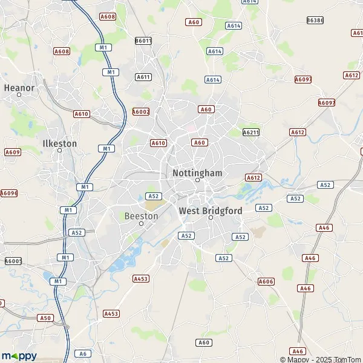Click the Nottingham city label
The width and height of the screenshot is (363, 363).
click(x=197, y=172)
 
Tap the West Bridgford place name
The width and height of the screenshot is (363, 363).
click(x=211, y=210)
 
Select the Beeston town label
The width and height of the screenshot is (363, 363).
click(x=141, y=215)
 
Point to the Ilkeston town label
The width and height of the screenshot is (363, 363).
click(x=60, y=143)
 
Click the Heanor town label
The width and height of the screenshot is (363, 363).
click(x=19, y=87)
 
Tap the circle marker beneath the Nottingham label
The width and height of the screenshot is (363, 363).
click(x=197, y=180)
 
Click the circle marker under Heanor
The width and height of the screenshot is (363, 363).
click(x=19, y=94)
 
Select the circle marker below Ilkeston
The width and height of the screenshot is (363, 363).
click(x=60, y=151)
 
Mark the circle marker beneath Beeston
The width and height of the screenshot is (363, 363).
click(x=141, y=223)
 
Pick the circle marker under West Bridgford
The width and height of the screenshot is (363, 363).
click(x=211, y=218)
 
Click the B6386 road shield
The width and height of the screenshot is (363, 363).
click(x=315, y=20)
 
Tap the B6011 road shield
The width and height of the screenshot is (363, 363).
click(x=143, y=41)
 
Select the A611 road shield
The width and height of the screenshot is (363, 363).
click(x=143, y=77)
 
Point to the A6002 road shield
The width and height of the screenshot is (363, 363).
click(x=141, y=111)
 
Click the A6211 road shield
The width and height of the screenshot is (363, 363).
click(x=250, y=132)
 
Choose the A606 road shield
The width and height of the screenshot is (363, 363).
click(x=266, y=281)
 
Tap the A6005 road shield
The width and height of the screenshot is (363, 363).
click(x=13, y=261)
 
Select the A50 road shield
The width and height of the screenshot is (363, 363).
click(x=45, y=317)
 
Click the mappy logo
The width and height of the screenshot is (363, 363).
click(x=19, y=355)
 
